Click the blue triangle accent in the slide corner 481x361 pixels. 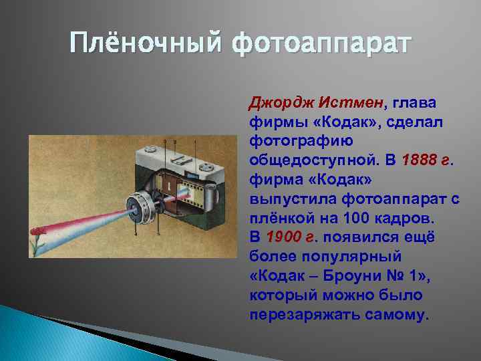(x=40, y=334)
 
